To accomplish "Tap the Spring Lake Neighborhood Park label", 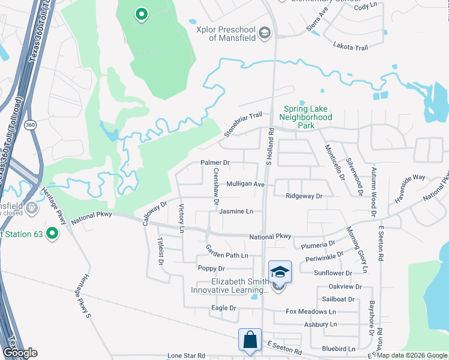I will tap(307, 118).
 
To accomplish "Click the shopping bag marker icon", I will tap(249, 340).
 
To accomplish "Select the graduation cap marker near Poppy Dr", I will tap(280, 272).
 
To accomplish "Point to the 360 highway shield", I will tap(31, 125).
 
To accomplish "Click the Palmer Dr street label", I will tap(215, 163).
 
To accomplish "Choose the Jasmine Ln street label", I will tap(236, 211).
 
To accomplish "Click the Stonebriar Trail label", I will tap(244, 124).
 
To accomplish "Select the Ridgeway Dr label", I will tap(304, 196).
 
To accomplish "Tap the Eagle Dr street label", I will tap(224, 308).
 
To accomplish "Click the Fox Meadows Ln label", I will tap(310, 311).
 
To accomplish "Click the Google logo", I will tap(20, 353).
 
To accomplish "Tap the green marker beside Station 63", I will tap(53, 233).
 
